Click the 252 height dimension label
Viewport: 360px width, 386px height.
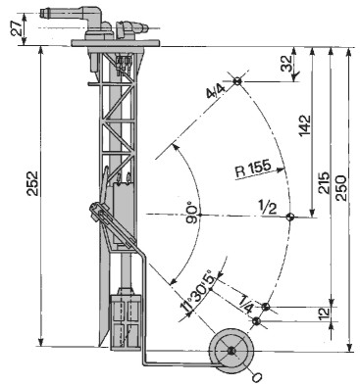(33, 183)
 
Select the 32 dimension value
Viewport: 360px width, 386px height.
(286, 63)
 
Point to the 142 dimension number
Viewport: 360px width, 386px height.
(304, 125)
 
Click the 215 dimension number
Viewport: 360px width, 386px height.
(325, 182)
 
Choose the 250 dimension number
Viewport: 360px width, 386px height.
(340, 188)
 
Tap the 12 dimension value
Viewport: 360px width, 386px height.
(324, 313)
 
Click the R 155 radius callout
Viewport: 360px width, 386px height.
(253, 169)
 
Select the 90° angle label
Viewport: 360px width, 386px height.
(192, 215)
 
